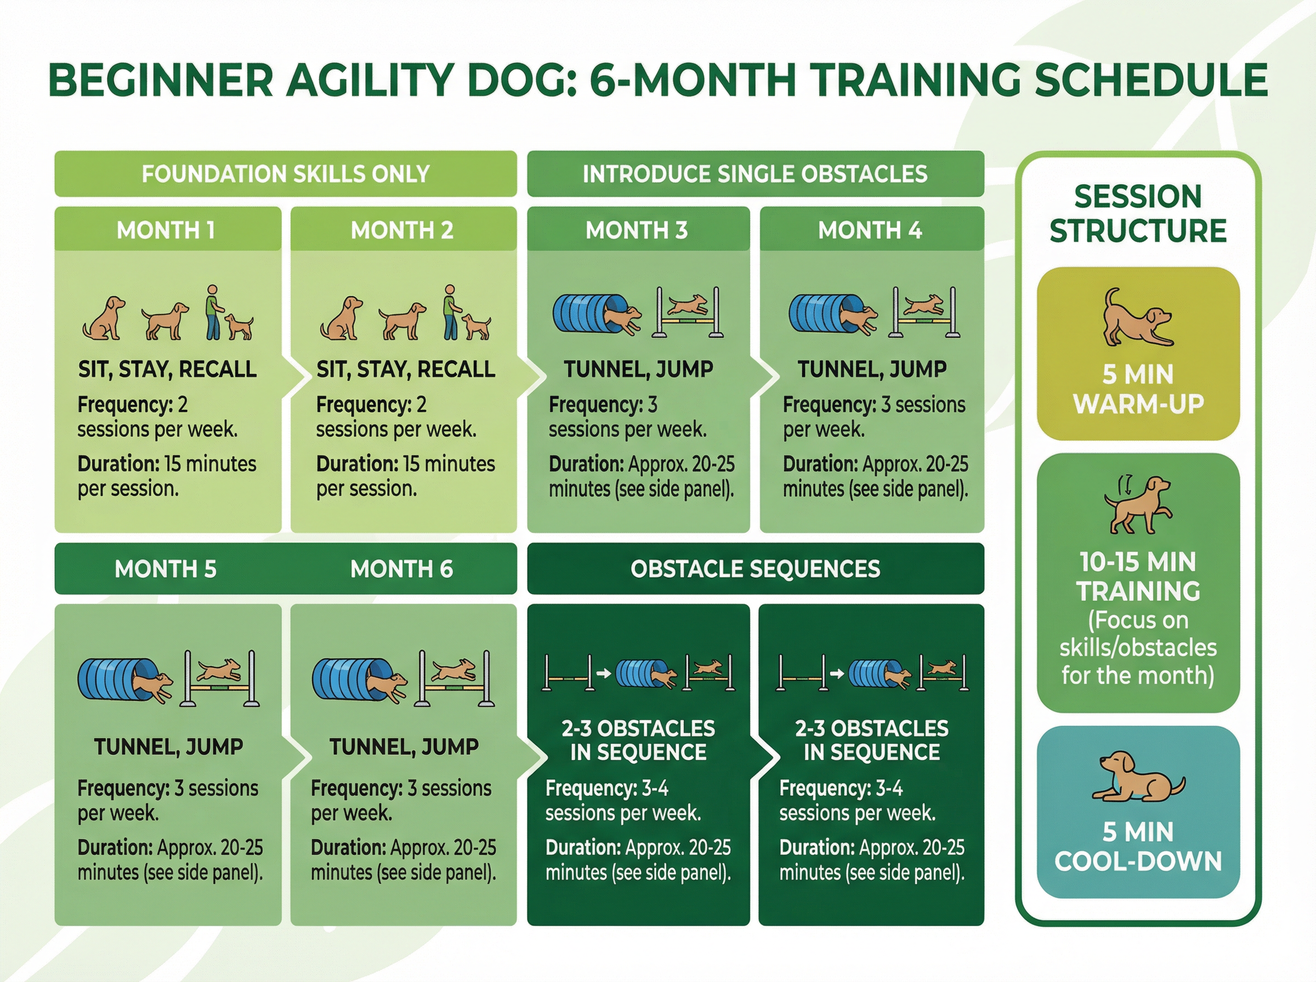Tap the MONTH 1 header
pos(166,230)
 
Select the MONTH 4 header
pos(870,230)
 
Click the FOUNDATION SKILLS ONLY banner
pos(286,174)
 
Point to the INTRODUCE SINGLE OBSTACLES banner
pos(755,174)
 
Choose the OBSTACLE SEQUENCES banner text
pos(755,569)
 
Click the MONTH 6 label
pos(401,569)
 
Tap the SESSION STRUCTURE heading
pos(1138,213)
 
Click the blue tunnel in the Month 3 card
pos(590,313)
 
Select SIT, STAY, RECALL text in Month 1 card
pos(167,369)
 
